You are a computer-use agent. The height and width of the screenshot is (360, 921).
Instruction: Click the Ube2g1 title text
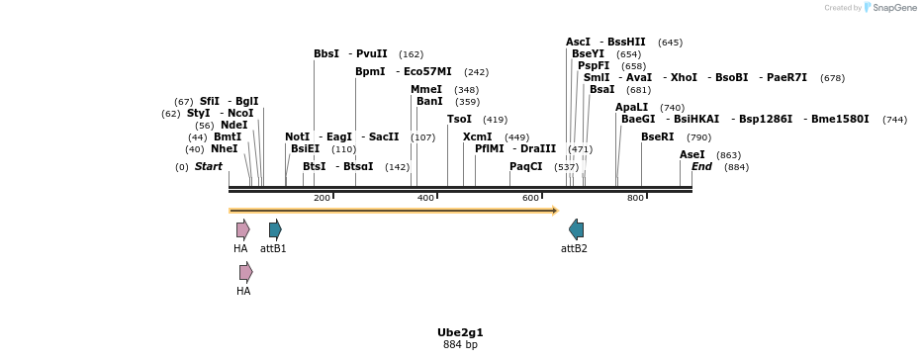click(460, 332)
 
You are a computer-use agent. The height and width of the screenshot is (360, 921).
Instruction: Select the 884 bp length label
click(460, 345)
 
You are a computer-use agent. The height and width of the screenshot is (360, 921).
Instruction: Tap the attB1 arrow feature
click(275, 229)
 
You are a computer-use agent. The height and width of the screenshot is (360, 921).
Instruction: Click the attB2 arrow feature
click(576, 229)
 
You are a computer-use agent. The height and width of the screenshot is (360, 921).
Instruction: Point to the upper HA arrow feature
click(242, 229)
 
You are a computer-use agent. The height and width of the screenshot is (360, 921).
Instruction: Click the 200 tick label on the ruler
click(322, 198)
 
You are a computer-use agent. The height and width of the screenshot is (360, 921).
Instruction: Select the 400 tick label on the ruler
click(426, 198)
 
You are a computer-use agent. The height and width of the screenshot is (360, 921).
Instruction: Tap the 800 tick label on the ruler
click(635, 198)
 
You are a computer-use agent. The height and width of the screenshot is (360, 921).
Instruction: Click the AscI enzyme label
click(578, 43)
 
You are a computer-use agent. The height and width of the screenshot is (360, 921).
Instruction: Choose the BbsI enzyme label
click(326, 53)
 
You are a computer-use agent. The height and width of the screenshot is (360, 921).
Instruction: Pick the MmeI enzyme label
click(426, 89)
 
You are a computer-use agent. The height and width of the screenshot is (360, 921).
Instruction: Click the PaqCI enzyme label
click(526, 166)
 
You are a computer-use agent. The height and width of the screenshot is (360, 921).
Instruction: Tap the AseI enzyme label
click(692, 154)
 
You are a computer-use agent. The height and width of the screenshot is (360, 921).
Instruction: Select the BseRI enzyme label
click(657, 136)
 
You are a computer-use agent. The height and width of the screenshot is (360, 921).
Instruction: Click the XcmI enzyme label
click(478, 136)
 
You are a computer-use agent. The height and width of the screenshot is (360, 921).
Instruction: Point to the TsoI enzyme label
click(459, 119)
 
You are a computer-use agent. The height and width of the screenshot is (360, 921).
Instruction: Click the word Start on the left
click(209, 166)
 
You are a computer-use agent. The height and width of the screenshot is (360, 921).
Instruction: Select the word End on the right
click(701, 166)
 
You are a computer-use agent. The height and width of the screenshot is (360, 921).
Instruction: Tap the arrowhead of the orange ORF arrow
click(555, 210)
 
